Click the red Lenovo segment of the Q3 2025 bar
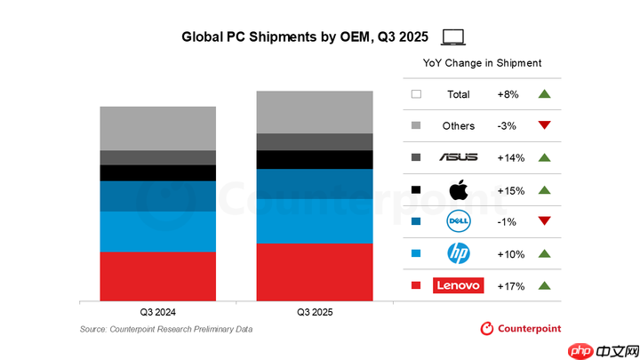tap(314, 272)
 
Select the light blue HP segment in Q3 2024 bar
tap(157, 231)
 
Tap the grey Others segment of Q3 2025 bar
tap(314, 112)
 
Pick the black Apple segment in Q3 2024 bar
tap(157, 172)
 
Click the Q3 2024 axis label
tap(157, 312)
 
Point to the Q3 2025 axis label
tap(314, 312)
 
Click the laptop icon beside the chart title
tap(453, 36)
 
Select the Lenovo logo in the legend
tap(458, 285)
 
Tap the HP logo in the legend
tap(458, 253)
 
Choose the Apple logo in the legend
tap(458, 189)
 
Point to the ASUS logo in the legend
tap(458, 157)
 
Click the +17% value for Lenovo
tap(511, 285)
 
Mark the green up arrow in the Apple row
tap(545, 189)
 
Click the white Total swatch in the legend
tap(416, 93)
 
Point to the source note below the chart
tap(166, 330)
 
